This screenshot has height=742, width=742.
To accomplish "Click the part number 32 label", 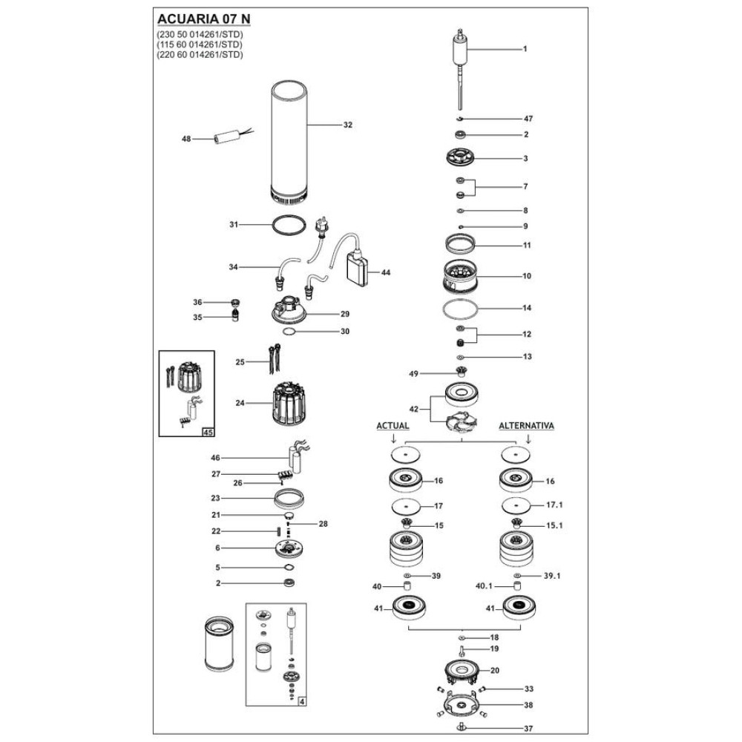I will (348, 125).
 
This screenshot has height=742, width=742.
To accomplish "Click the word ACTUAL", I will (393, 426).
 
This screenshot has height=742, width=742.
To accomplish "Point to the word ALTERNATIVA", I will (527, 426).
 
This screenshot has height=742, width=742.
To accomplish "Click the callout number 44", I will (386, 272).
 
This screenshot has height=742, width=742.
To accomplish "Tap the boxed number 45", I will (208, 432).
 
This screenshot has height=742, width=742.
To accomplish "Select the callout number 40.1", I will (484, 586).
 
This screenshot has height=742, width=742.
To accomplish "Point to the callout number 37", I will (528, 729).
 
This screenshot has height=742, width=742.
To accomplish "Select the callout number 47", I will (528, 119).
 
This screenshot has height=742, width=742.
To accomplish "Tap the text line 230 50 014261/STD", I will (200, 35).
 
